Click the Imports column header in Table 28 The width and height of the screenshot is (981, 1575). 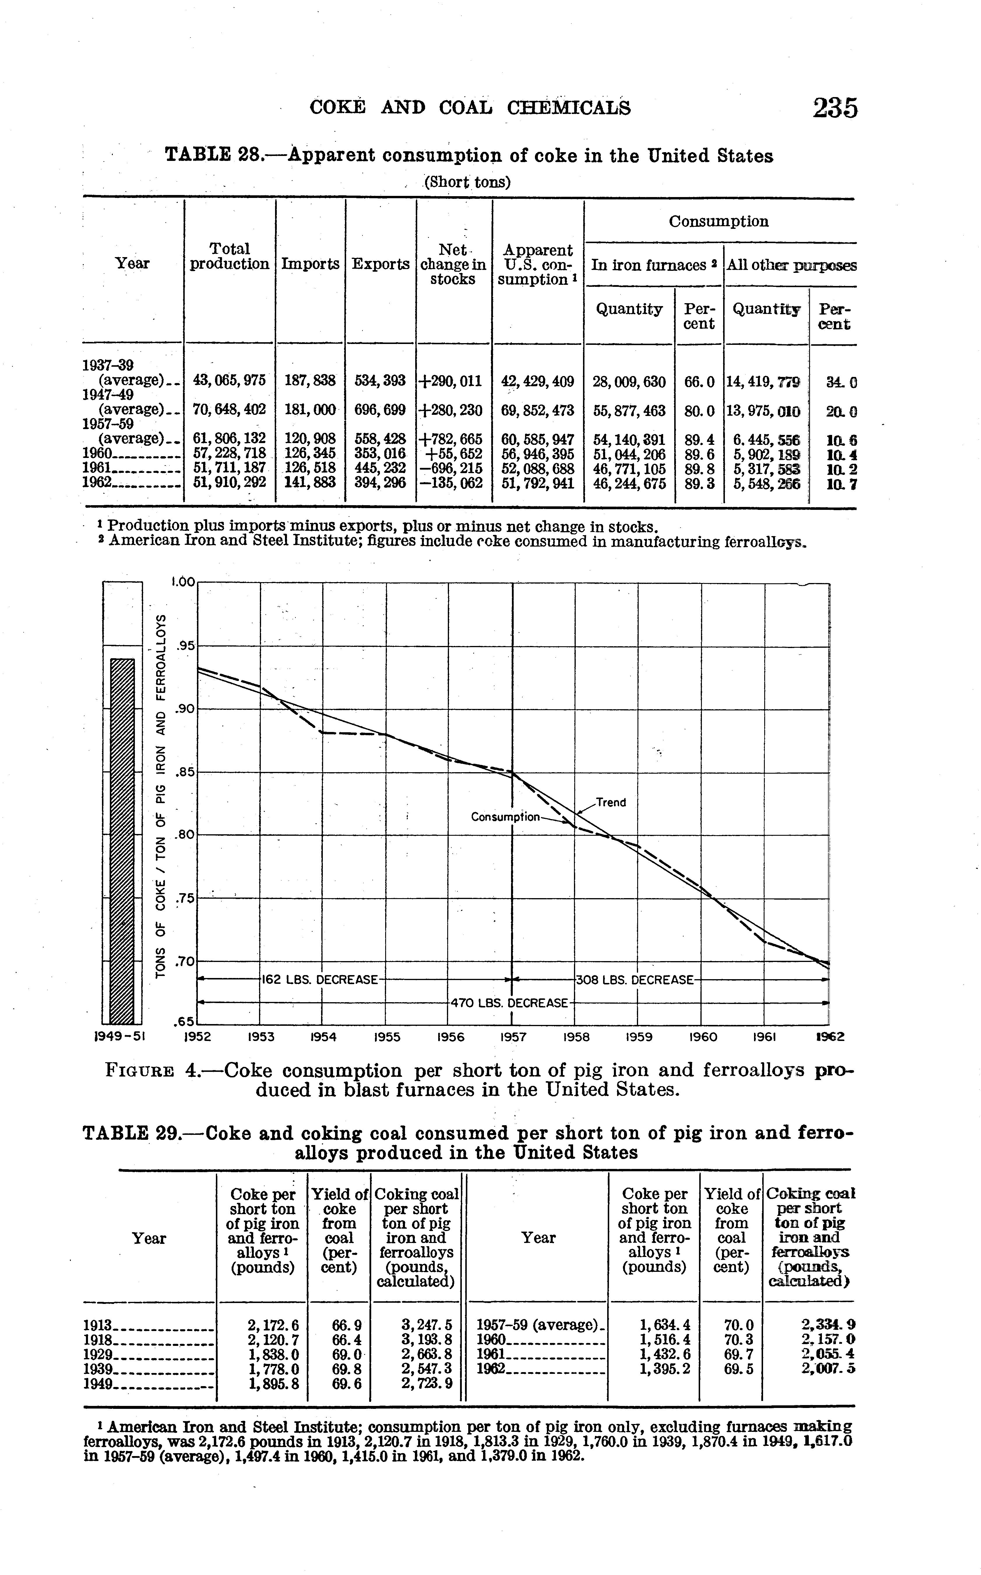pos(310,264)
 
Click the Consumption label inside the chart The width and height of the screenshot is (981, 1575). pos(505,817)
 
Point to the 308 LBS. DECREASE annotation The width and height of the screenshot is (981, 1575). pos(635,979)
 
